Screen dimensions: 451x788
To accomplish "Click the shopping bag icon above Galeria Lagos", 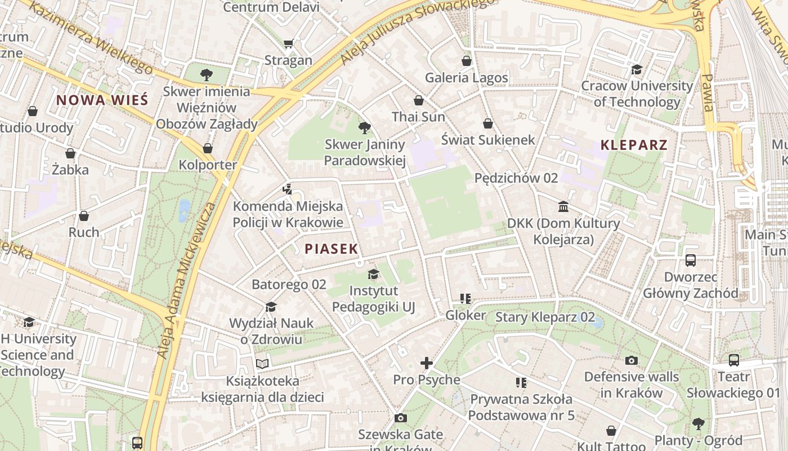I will [x=466, y=61].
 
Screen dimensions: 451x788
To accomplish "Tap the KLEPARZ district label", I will [x=634, y=145].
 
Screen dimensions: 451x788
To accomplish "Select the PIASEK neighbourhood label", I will [x=332, y=249].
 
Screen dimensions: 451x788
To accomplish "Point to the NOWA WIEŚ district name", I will [x=102, y=100].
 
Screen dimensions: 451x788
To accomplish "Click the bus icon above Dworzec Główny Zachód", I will [x=691, y=260].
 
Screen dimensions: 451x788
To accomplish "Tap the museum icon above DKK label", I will [x=563, y=206].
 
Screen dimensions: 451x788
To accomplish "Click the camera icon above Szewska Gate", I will [x=400, y=418].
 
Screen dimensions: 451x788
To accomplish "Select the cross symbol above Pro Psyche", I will [x=427, y=363].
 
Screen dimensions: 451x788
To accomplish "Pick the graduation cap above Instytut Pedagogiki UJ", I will [x=373, y=275].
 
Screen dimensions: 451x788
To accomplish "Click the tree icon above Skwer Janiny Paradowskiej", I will [x=365, y=128].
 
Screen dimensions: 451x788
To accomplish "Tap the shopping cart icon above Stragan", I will [x=289, y=43].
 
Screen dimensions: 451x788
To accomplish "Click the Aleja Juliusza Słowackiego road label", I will [x=417, y=31].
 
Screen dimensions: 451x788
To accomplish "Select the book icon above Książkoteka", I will [x=262, y=364].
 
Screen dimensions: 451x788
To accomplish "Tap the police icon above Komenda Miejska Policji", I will [x=288, y=189].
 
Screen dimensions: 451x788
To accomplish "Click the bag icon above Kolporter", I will [x=208, y=148].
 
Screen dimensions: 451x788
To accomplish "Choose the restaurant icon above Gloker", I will [x=465, y=298].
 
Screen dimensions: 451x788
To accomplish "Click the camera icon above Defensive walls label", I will [x=632, y=360].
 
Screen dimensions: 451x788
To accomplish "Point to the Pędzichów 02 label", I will [x=516, y=178].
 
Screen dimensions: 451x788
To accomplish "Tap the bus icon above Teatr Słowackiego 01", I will [x=733, y=360].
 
